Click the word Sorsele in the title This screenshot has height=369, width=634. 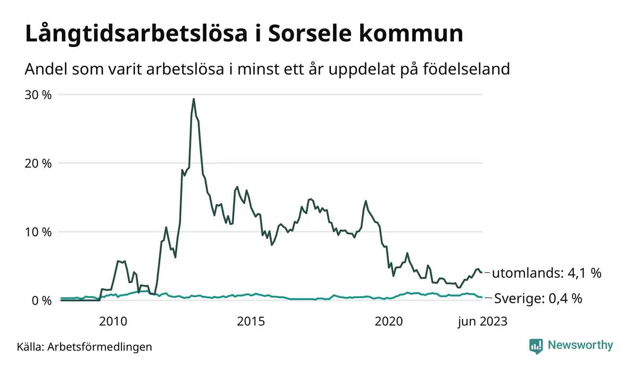(x=310, y=34)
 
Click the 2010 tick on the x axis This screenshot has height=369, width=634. (x=113, y=322)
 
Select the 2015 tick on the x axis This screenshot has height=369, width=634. (x=251, y=322)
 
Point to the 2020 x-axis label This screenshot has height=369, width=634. (x=388, y=322)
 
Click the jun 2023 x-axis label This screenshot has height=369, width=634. (x=482, y=322)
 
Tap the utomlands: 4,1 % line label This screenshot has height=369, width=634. (x=546, y=273)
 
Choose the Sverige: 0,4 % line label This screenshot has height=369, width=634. (x=538, y=299)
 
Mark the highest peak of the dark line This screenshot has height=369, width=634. (x=194, y=99)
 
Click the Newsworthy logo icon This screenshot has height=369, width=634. (x=536, y=346)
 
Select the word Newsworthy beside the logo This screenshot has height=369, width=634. (x=580, y=345)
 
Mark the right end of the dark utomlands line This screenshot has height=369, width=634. (x=482, y=272)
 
